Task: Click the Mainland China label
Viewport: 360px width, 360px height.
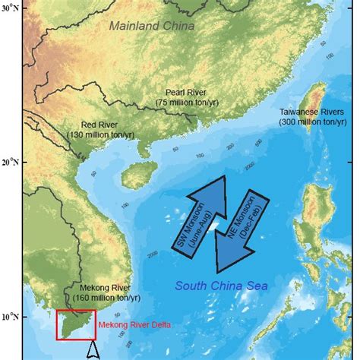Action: pos(151,26)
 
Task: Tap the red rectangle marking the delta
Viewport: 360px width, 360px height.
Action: pos(76,325)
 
